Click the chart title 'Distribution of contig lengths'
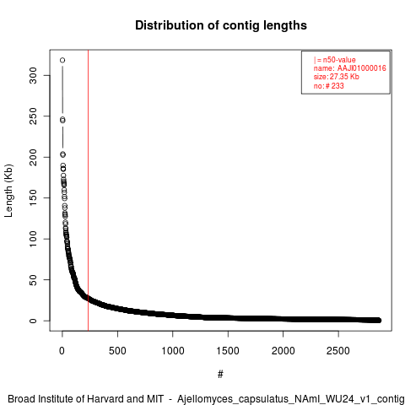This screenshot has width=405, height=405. point(221,25)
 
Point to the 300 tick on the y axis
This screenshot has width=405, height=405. point(33,75)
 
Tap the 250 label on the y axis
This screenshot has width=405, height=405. point(33,116)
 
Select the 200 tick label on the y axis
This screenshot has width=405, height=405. point(33,157)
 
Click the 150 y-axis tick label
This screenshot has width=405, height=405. point(33,197)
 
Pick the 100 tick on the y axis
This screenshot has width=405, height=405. point(33,239)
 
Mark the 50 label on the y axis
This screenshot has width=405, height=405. point(33,279)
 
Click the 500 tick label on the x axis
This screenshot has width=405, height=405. point(117,351)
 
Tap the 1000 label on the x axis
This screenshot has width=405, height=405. point(173,351)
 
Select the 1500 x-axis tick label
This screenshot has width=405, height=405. point(228,351)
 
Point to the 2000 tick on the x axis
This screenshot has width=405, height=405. point(283,351)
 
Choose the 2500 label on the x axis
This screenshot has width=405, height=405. point(338,351)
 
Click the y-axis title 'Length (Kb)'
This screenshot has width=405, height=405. point(8,191)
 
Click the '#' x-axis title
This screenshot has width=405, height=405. point(220,375)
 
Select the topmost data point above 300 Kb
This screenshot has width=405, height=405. point(62,60)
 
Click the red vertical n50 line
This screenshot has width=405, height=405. point(88,191)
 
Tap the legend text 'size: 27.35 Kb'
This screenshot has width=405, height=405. point(337,77)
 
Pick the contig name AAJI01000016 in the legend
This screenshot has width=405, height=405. point(362,68)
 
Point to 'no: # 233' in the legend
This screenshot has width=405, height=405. point(329,85)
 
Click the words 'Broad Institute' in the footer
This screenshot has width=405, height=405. point(41,399)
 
